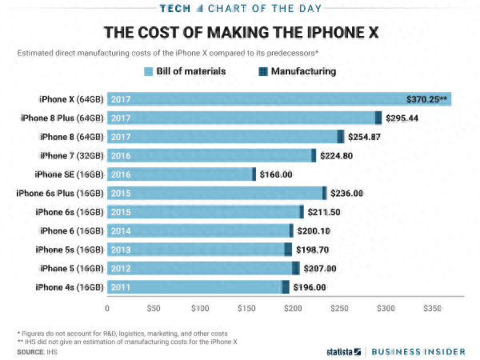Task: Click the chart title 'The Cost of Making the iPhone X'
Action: point(240,33)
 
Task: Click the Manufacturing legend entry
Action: point(295,72)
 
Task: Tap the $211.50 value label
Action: point(325,212)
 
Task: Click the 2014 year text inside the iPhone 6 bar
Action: point(120,230)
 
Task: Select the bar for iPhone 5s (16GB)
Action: point(200,249)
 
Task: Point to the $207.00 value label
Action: point(319,268)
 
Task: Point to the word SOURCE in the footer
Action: point(30,351)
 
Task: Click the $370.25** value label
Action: point(426,99)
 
